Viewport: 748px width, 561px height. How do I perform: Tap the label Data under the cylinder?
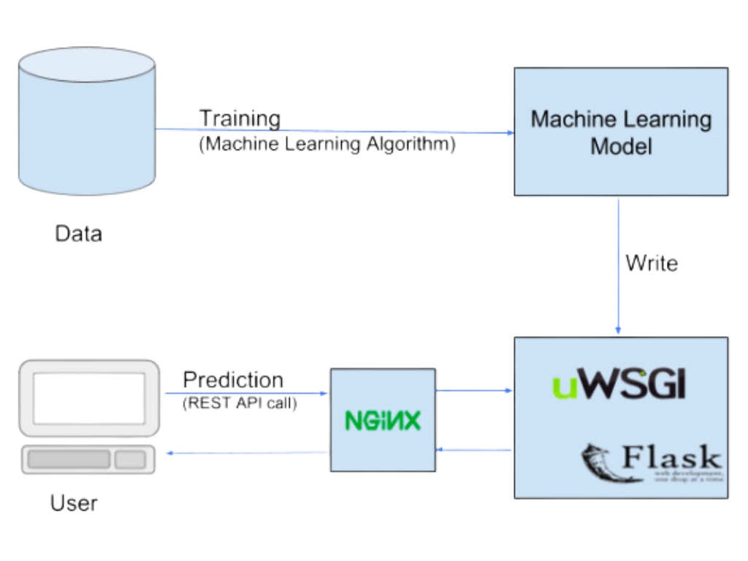(x=78, y=234)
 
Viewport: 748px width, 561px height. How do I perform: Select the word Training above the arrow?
(x=240, y=118)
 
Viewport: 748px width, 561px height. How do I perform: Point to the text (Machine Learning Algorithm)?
(x=327, y=144)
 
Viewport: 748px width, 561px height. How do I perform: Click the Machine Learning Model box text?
(x=621, y=132)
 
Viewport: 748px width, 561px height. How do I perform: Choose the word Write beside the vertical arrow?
(x=652, y=263)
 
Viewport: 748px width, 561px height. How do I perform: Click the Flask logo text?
(x=671, y=459)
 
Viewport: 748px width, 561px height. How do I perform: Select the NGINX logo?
(x=383, y=421)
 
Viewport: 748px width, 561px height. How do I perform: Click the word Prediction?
(x=233, y=380)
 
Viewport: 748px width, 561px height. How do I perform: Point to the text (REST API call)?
(x=240, y=402)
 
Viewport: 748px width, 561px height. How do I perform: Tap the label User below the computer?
(x=74, y=503)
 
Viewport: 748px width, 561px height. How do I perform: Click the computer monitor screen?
(x=88, y=397)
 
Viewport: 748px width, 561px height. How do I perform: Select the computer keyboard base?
(x=88, y=459)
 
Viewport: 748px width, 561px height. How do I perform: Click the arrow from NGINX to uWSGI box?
(x=475, y=391)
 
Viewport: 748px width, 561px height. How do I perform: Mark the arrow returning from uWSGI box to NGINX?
(x=475, y=450)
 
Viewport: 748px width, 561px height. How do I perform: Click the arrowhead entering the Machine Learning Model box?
(x=510, y=133)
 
